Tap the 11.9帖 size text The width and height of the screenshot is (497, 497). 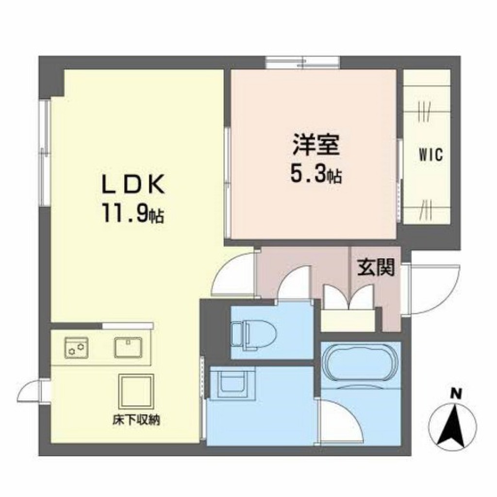(x=133, y=214)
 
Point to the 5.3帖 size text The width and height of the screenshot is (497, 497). (x=316, y=173)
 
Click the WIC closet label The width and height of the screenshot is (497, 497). (x=431, y=155)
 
